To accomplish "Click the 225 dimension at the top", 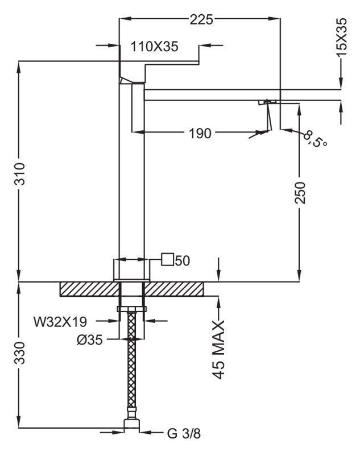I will pyautogui.click(x=201, y=19).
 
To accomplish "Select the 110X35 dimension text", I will pyautogui.click(x=155, y=47).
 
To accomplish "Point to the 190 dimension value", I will pyautogui.click(x=200, y=134).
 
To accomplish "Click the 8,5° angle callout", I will pyautogui.click(x=316, y=139).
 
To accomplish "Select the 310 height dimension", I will pyautogui.click(x=19, y=172).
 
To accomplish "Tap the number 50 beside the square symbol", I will pyautogui.click(x=182, y=260).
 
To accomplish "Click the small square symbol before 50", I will pyautogui.click(x=168, y=260).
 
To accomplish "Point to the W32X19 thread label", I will pyautogui.click(x=60, y=322).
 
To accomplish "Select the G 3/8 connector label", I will pyautogui.click(x=184, y=434).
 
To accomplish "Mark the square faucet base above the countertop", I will pyautogui.click(x=132, y=269).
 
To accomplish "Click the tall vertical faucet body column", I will pyautogui.click(x=125, y=171).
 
